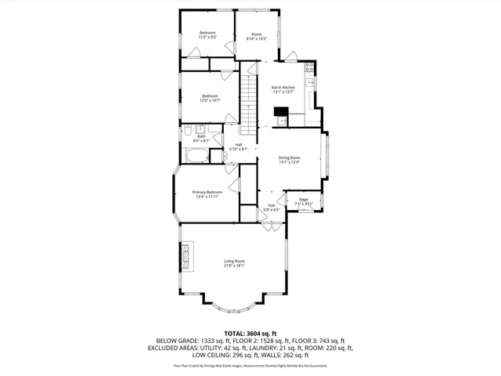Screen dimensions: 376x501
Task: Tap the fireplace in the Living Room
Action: coord(186,255)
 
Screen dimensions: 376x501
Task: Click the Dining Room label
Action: coord(290,160)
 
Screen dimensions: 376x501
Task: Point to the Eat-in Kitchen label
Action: coord(283,89)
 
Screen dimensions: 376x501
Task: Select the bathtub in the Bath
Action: coord(192,155)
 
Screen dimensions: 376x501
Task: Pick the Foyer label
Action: coord(304,201)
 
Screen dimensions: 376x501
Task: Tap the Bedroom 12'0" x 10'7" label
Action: coord(209,98)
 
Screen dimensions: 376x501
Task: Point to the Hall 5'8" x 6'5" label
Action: coord(271,208)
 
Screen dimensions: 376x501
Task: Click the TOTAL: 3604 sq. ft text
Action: coord(250,333)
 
